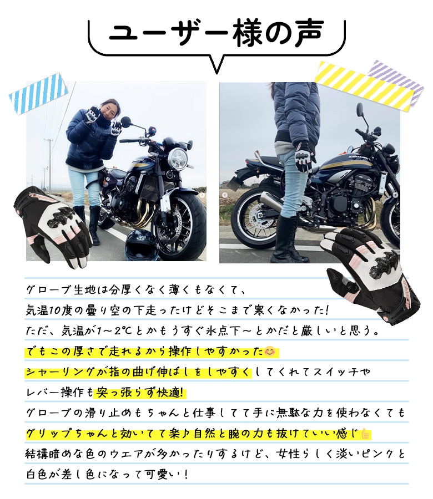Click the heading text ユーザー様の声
point(216,33)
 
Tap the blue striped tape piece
point(38,93)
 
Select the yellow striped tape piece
point(365,85)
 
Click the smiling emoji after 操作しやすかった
point(270,352)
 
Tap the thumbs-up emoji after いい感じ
point(365,434)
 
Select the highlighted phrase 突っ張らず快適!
point(140,393)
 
